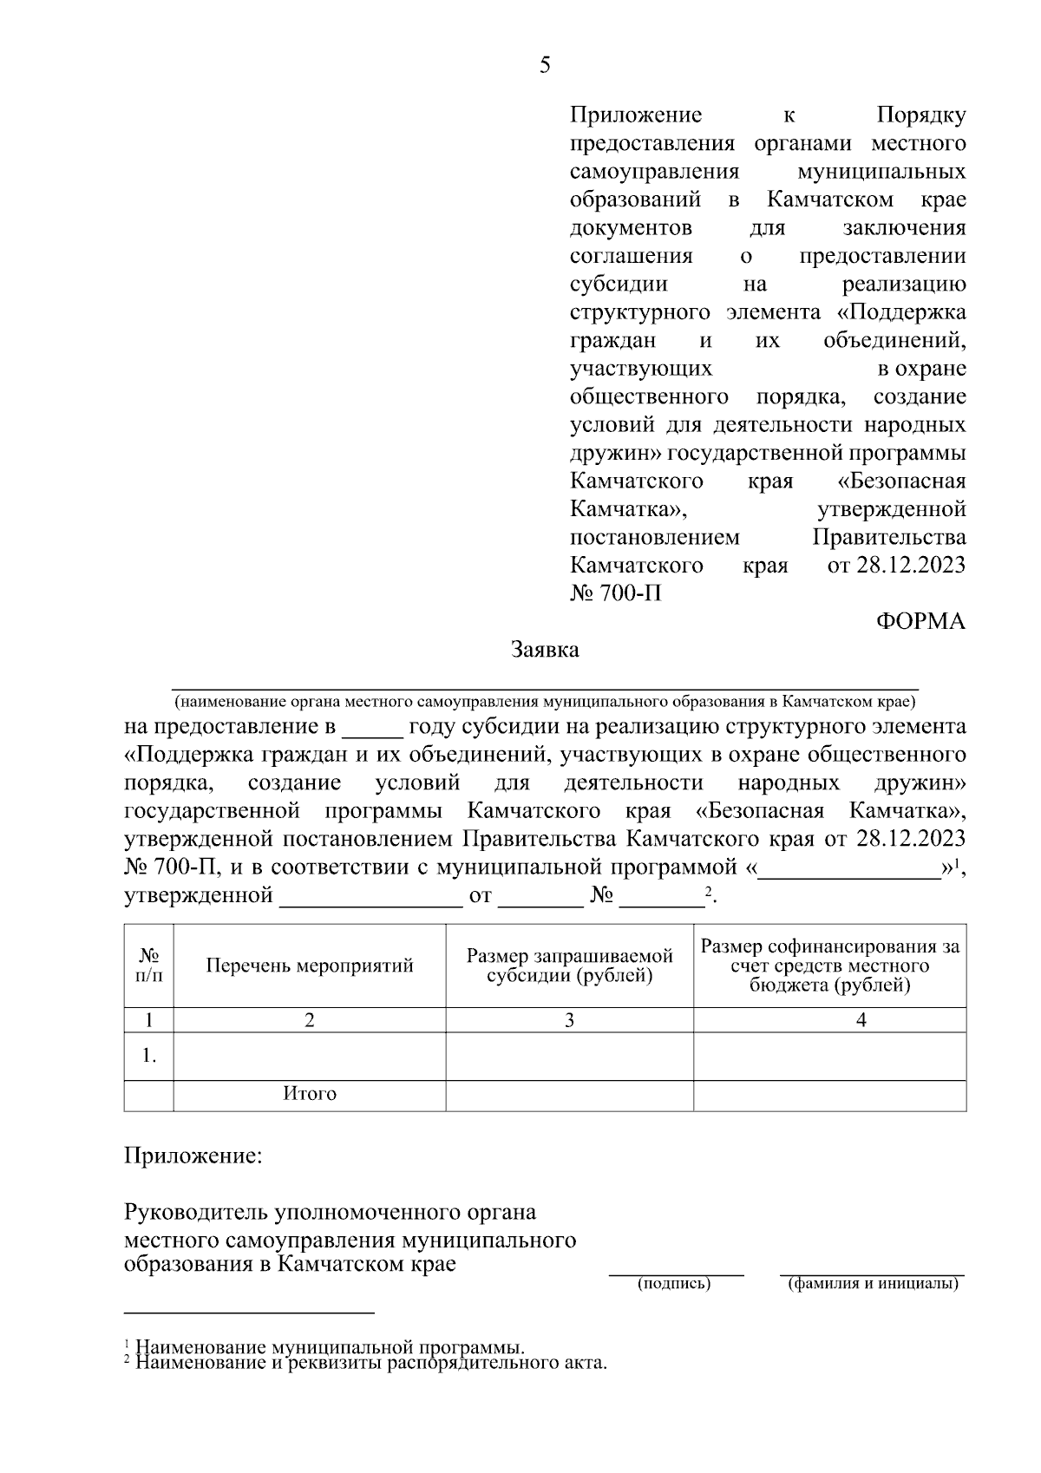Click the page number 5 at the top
[545, 66]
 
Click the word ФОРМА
[920, 621]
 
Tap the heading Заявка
[545, 650]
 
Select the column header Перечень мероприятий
[310, 966]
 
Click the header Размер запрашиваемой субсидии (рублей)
[570, 966]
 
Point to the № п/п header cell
[149, 965]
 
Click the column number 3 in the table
[570, 1020]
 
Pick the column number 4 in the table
[861, 1020]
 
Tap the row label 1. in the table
[149, 1056]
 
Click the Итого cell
[310, 1094]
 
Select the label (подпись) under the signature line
[674, 1284]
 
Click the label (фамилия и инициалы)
[873, 1284]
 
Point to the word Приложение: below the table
[193, 1156]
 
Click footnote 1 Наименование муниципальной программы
[330, 1348]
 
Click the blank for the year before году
[372, 727]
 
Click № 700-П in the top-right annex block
[616, 594]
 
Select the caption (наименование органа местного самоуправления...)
[545, 701]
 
